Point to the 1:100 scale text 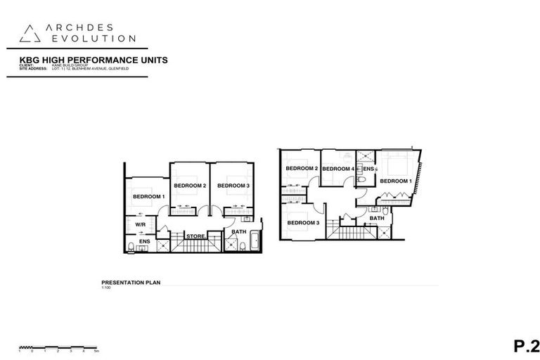click(107, 286)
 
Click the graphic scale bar click(60, 347)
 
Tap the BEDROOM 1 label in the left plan click(148, 196)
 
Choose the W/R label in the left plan click(140, 225)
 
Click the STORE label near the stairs click(195, 236)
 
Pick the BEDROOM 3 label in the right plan click(302, 223)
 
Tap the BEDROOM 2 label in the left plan click(190, 186)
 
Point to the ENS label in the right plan click(368, 169)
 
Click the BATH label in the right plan click(378, 218)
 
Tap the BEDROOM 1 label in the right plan click(397, 181)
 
